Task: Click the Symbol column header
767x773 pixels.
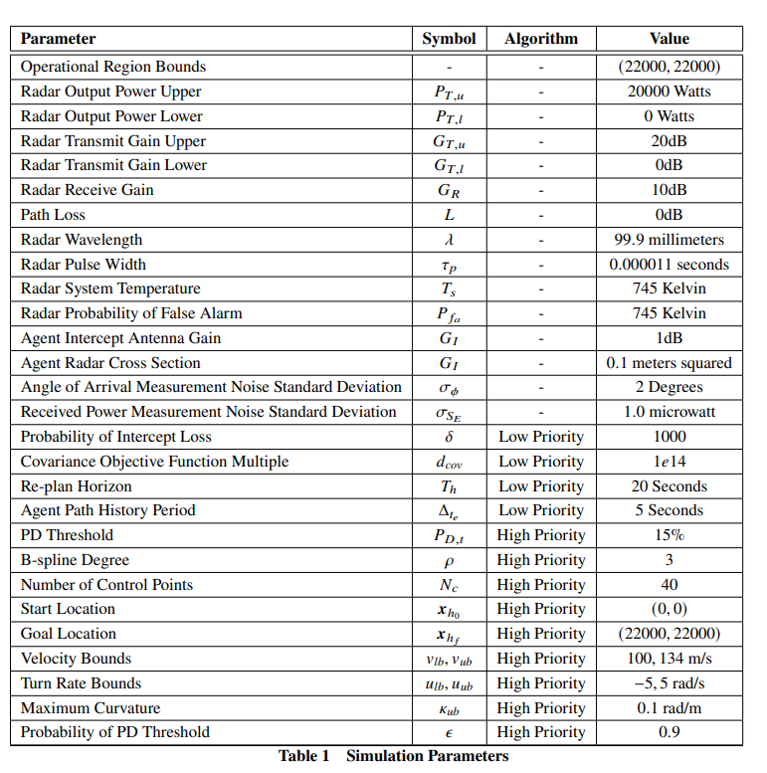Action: [x=449, y=39]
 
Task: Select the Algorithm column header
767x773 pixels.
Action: [x=540, y=39]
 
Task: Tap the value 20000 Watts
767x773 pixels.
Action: [x=669, y=92]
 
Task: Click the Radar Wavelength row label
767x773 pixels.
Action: [x=82, y=240]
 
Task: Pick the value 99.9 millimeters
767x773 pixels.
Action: [x=669, y=240]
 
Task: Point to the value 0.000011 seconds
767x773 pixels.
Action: [x=669, y=265]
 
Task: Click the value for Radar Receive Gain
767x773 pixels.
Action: [x=669, y=190]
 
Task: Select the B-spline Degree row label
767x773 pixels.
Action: [x=75, y=560]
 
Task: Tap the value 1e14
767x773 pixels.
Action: [x=669, y=462]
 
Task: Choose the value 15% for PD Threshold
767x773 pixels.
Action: [x=669, y=535]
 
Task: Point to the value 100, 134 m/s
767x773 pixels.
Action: [x=669, y=659]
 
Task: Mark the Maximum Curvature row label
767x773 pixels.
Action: [x=90, y=708]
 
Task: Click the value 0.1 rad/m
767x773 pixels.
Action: [x=669, y=708]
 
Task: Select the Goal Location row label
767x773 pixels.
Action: [x=69, y=634]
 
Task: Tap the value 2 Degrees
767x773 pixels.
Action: [x=669, y=387]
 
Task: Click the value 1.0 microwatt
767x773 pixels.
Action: [x=669, y=412]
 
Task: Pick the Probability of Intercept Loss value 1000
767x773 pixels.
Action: [x=669, y=437]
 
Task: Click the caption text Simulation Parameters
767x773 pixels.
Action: [x=427, y=756]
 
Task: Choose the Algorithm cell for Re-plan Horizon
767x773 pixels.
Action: [x=540, y=486]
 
